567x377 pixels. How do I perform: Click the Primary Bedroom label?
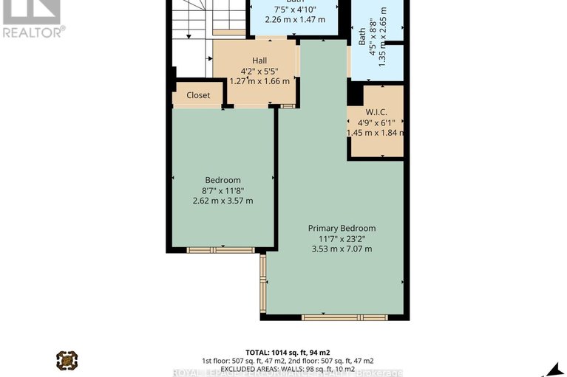click(342, 228)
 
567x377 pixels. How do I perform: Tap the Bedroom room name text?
click(223, 180)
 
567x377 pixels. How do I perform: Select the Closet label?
click(198, 95)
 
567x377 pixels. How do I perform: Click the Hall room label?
click(259, 60)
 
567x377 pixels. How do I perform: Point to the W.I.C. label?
click(376, 113)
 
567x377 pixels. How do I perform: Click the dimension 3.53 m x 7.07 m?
click(342, 249)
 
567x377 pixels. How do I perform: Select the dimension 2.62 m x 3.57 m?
click(223, 200)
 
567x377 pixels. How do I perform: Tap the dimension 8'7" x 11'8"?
click(223, 190)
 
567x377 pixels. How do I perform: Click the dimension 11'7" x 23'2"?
click(342, 238)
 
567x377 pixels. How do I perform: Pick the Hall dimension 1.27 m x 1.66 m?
click(259, 81)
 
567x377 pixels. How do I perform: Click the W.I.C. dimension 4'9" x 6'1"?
click(376, 123)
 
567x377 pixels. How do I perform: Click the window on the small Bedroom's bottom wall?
click(220, 250)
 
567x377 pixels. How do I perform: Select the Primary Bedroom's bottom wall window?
click(344, 317)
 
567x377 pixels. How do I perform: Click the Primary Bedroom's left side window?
click(262, 284)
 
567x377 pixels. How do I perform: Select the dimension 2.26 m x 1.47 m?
click(295, 19)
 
